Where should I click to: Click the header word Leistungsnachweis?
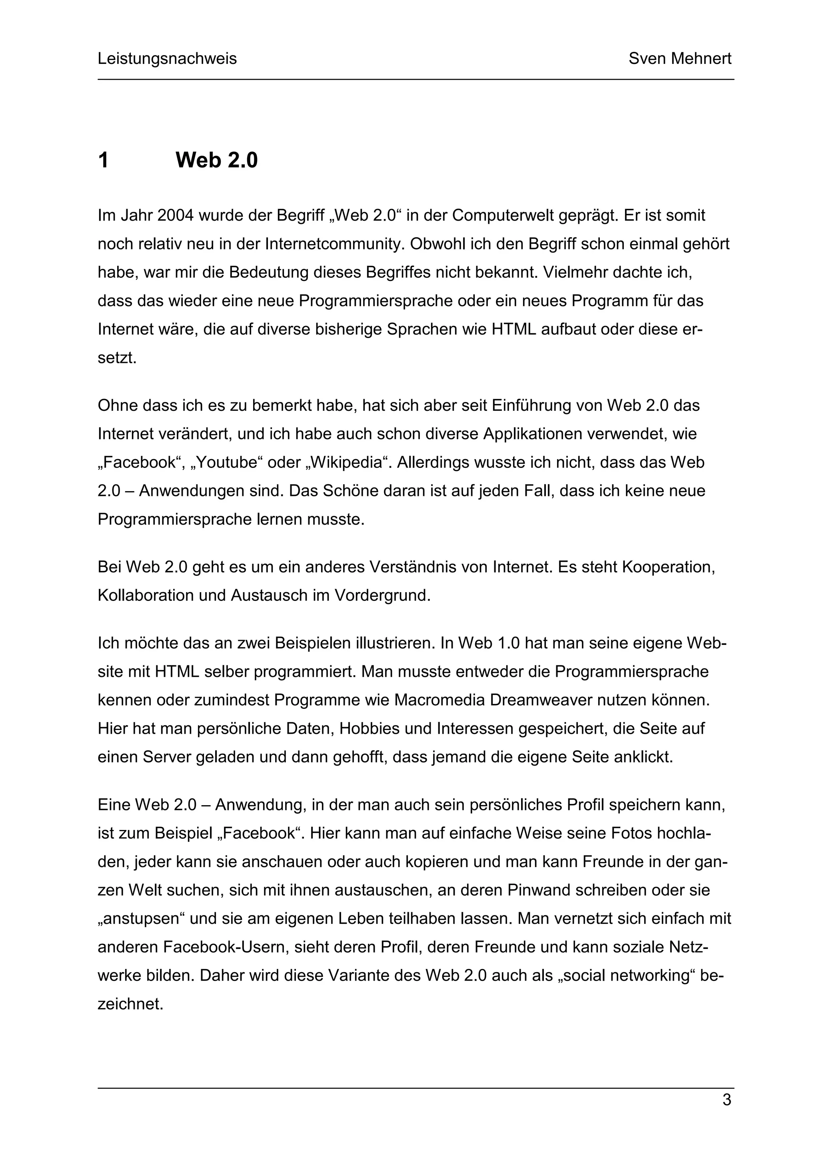coord(167,59)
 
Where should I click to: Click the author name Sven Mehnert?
coord(680,59)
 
